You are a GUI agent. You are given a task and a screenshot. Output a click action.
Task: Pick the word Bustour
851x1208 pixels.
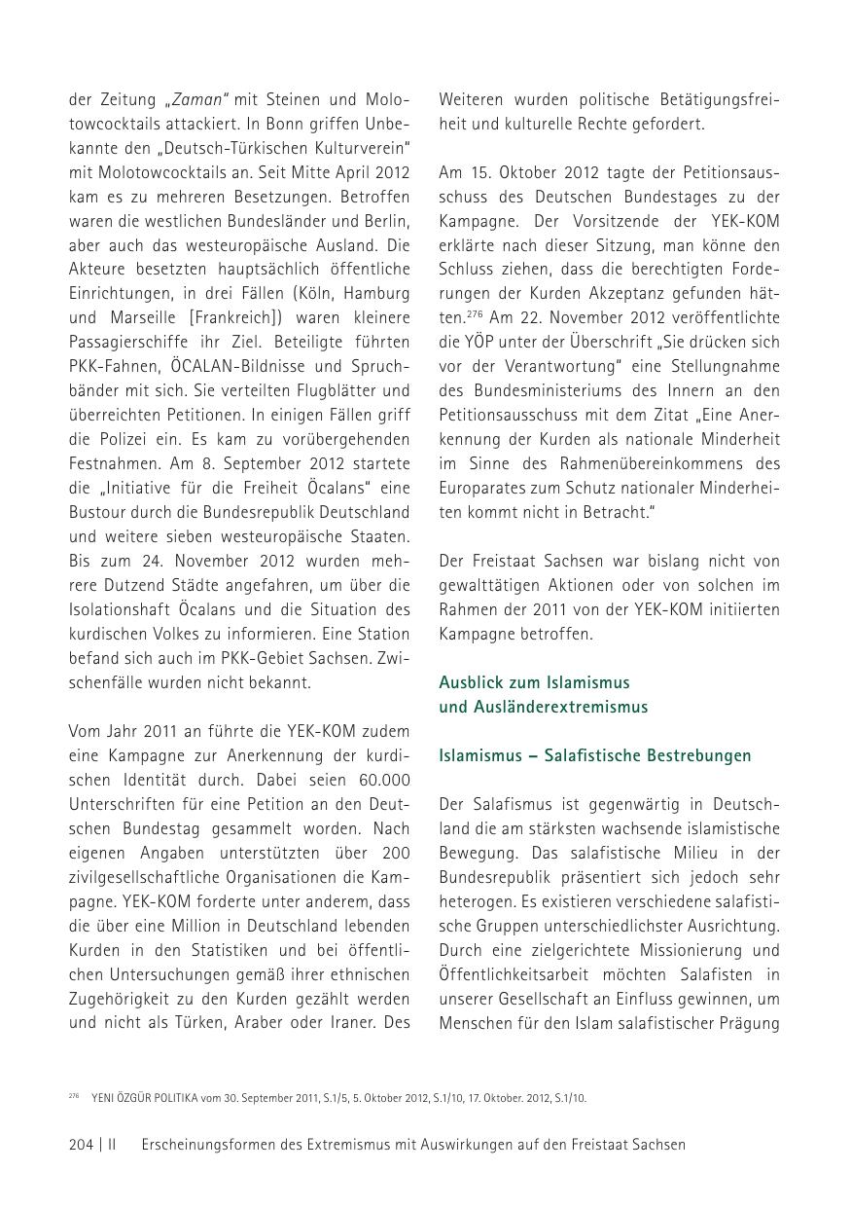click(95, 512)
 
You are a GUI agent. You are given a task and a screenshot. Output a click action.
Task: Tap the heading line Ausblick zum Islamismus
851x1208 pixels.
click(534, 682)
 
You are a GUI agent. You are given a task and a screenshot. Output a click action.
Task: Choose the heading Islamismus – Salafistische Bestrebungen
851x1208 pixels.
click(594, 755)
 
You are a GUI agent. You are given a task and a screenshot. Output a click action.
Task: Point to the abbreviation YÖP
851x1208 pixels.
click(476, 342)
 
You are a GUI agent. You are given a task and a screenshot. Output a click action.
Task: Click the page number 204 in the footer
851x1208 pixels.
click(82, 1145)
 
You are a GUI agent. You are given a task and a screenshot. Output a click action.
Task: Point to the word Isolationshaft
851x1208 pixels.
click(120, 609)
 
